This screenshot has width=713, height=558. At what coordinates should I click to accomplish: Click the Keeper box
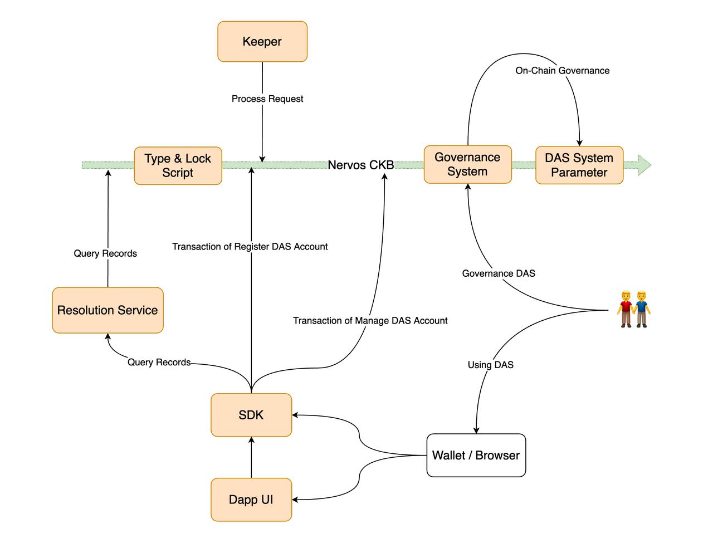click(262, 42)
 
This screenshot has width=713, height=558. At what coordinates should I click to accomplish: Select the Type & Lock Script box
click(178, 165)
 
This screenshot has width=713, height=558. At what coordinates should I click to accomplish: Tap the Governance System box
click(467, 164)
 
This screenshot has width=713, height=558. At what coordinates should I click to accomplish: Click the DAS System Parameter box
click(579, 165)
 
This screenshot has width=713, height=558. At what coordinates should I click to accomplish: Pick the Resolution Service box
click(108, 310)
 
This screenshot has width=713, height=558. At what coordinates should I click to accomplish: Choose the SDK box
click(251, 415)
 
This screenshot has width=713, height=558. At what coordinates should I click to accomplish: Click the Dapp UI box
click(251, 500)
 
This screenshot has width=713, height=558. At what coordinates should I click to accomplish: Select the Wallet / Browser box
click(476, 456)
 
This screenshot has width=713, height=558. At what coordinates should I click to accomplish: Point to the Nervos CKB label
click(360, 165)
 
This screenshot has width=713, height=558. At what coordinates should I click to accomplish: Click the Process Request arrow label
click(267, 99)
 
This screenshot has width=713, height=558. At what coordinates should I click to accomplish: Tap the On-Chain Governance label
click(562, 71)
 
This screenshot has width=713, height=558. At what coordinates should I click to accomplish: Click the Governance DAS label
click(499, 273)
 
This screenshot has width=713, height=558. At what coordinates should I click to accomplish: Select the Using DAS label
click(490, 365)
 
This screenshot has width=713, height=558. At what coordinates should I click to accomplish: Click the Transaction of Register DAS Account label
click(250, 247)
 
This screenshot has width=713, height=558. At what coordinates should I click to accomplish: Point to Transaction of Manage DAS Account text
click(370, 321)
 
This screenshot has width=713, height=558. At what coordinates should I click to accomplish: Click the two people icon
click(634, 309)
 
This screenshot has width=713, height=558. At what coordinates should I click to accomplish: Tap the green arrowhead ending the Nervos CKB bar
click(644, 165)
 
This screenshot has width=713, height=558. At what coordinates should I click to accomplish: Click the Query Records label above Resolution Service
click(105, 254)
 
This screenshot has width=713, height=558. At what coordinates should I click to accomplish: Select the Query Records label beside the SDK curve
click(159, 363)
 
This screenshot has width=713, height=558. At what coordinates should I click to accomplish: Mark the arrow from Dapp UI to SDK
click(251, 457)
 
